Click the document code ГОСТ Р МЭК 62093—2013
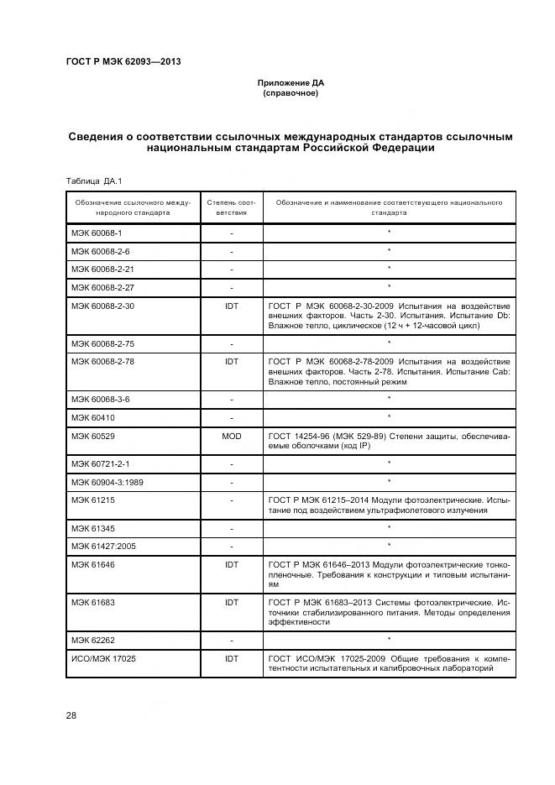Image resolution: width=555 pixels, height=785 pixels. coord(123,61)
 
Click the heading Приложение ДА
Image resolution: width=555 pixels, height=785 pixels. coord(291,83)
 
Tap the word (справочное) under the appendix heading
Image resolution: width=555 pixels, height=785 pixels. coord(291,93)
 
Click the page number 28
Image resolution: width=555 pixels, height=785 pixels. coord(71,714)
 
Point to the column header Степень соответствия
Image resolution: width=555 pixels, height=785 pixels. coord(231,207)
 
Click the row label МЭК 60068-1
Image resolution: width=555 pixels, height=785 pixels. coord(97,233)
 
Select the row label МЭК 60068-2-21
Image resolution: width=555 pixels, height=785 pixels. coord(102,269)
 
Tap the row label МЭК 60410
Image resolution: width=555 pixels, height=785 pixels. coord(92,417)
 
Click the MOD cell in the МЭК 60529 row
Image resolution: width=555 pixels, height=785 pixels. coord(231,436)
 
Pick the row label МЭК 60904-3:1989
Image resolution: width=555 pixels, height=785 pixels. coord(107,482)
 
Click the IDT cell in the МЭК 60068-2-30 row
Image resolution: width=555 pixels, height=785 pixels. coord(231,306)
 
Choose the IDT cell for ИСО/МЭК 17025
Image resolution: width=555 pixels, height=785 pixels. coord(231,659)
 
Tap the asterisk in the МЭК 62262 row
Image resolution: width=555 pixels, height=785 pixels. coord(389,641)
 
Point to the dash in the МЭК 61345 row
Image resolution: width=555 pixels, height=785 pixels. coord(231,527)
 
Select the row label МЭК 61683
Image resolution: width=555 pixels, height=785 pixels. coord(92,602)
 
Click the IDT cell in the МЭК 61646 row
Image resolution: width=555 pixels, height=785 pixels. coord(231,565)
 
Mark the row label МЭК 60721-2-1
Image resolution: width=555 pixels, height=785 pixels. coord(101,463)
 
